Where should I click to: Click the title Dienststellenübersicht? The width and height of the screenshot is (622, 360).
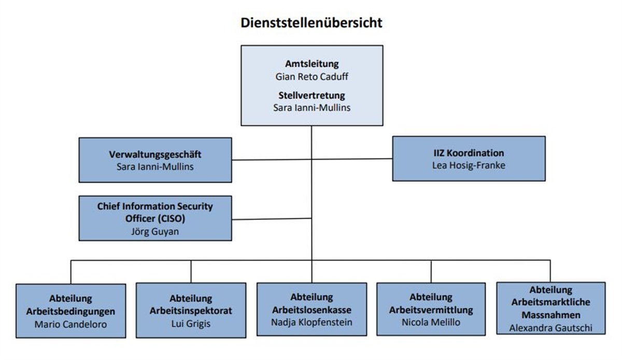pyautogui.click(x=311, y=23)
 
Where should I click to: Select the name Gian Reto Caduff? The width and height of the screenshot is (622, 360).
pyautogui.click(x=312, y=76)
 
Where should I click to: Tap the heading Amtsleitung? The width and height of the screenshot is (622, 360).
pyautogui.click(x=312, y=64)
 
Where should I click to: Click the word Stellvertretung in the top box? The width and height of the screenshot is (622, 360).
pyautogui.click(x=312, y=96)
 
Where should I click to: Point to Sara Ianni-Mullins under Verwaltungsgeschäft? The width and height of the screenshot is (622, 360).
pyautogui.click(x=155, y=166)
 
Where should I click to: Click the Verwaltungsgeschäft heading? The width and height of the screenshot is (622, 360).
pyautogui.click(x=155, y=154)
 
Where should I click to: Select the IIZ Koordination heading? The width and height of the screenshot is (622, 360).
pyautogui.click(x=468, y=153)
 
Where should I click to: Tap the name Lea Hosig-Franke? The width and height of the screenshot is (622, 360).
pyautogui.click(x=468, y=165)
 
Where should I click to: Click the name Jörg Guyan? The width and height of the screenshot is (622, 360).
pyautogui.click(x=155, y=231)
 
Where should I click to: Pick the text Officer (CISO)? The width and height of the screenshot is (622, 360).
pyautogui.click(x=155, y=219)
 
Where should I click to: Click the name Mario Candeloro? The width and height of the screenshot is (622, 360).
pyautogui.click(x=71, y=324)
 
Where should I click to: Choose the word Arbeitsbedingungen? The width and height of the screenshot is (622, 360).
pyautogui.click(x=71, y=312)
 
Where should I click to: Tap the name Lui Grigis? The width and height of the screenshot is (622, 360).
pyautogui.click(x=191, y=324)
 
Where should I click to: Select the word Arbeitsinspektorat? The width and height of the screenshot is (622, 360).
pyautogui.click(x=191, y=312)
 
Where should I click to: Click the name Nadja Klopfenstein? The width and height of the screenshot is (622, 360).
pyautogui.click(x=312, y=322)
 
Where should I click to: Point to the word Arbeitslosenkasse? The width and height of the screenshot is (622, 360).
pyautogui.click(x=312, y=310)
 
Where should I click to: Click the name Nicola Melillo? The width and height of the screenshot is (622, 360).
pyautogui.click(x=431, y=322)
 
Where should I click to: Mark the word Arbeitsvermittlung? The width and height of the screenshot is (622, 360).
pyautogui.click(x=431, y=310)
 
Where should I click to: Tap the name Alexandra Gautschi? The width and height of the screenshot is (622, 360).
pyautogui.click(x=550, y=327)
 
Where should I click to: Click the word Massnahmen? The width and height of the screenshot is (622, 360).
pyautogui.click(x=550, y=314)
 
